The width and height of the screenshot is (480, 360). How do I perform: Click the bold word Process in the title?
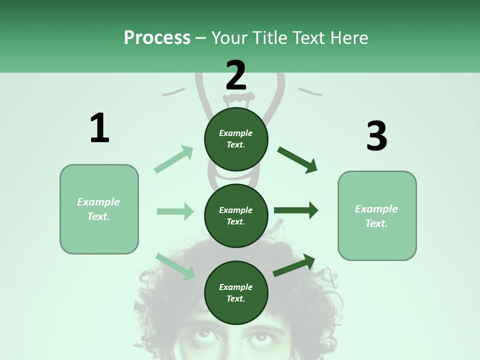click(x=157, y=38)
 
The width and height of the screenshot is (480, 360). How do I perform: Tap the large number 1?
click(x=99, y=128)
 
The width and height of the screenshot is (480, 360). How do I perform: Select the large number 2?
click(x=236, y=75)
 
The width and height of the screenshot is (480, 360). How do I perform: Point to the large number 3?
click(x=376, y=136)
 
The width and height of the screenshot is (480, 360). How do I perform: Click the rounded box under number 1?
click(x=99, y=209)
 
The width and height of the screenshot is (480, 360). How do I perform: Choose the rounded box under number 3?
click(x=377, y=216)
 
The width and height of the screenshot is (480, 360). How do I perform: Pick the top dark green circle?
click(x=236, y=139)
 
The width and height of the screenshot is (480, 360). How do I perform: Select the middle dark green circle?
click(x=236, y=215)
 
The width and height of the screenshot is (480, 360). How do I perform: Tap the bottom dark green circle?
click(x=236, y=292)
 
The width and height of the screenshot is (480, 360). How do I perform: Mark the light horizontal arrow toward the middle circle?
click(x=175, y=211)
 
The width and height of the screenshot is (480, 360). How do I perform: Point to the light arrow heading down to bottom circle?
click(x=175, y=266)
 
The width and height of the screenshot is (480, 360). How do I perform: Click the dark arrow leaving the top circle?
click(x=297, y=159)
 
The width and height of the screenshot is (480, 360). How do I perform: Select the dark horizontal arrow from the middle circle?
click(x=296, y=210)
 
